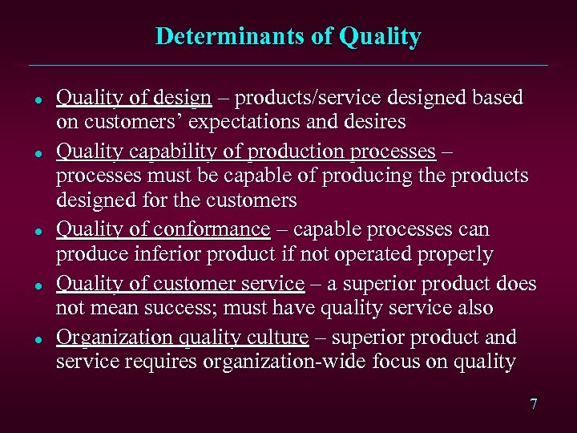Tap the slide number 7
[534, 404]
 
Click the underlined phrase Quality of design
[134, 98]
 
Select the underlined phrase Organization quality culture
[182, 338]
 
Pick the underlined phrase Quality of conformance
[163, 229]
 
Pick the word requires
[153, 362]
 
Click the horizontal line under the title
[288, 65]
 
